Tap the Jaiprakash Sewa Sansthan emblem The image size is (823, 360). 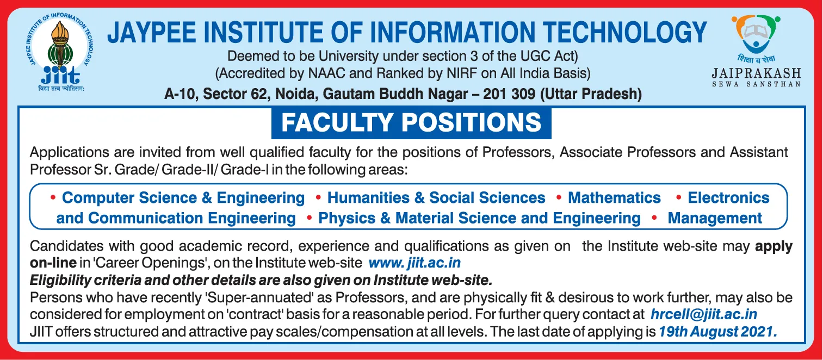(x=756, y=34)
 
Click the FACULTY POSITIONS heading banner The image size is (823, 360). (x=411, y=122)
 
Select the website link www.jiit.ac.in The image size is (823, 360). (x=414, y=263)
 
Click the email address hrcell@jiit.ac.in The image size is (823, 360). (x=703, y=314)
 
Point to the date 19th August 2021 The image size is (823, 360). (x=717, y=332)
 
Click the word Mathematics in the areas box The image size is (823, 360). (x=614, y=197)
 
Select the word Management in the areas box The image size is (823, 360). (x=715, y=218)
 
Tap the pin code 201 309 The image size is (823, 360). (x=509, y=94)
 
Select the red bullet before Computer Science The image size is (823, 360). (x=53, y=198)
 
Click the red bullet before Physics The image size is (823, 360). (x=310, y=218)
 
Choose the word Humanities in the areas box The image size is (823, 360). (x=368, y=197)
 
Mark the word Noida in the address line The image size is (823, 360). (x=296, y=94)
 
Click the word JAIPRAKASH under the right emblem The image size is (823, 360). (x=757, y=73)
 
